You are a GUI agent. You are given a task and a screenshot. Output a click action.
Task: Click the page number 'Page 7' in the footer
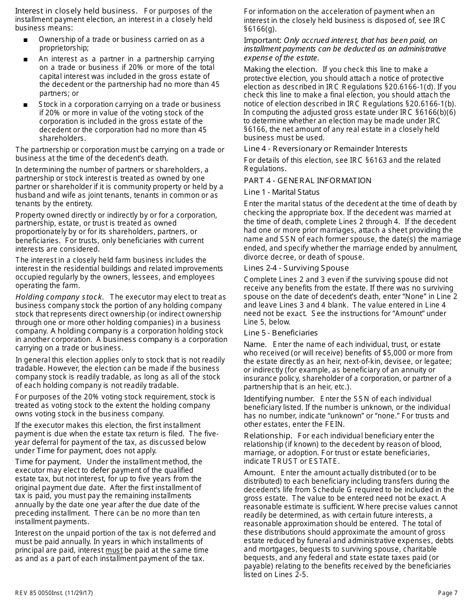(x=448, y=593)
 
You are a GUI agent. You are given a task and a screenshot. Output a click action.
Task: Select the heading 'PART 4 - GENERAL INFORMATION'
(x=307, y=181)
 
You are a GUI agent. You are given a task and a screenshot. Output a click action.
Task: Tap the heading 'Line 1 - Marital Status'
(x=281, y=192)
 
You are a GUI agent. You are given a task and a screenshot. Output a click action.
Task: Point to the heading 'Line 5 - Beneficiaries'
(x=280, y=333)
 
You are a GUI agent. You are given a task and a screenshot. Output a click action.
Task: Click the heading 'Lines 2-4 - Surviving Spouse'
(x=289, y=268)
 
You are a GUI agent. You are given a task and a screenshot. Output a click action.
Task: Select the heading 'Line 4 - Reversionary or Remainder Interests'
(x=325, y=149)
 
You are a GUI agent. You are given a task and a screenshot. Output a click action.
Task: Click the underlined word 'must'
(x=114, y=550)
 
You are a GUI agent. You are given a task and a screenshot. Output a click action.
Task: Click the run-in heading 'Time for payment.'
(x=48, y=462)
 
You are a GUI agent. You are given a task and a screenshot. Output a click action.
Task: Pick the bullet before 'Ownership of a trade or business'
(x=25, y=40)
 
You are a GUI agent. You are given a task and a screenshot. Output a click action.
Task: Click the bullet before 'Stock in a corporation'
(x=25, y=105)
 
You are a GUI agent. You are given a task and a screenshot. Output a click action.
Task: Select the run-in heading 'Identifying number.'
(x=279, y=399)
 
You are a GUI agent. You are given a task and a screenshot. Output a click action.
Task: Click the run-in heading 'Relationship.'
(x=268, y=436)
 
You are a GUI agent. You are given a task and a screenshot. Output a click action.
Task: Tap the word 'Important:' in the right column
(x=262, y=40)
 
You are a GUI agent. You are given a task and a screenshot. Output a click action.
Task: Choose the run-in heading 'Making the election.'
(x=280, y=69)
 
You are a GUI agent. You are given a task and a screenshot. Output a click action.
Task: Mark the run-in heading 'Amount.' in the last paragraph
(x=259, y=473)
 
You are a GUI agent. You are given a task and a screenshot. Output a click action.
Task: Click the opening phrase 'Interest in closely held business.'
(x=76, y=11)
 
